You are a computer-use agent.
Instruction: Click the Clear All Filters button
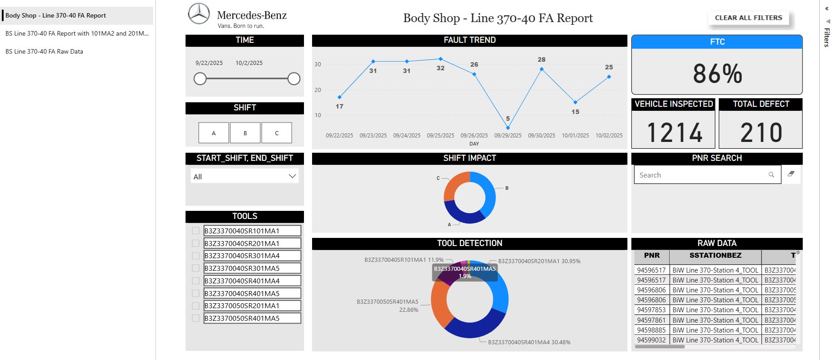tap(748, 18)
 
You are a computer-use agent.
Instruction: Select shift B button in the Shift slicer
tap(245, 133)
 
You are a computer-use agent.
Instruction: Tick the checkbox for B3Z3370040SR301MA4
tap(195, 256)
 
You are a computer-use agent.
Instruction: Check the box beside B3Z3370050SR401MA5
tap(195, 318)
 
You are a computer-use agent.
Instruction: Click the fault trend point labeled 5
tap(508, 128)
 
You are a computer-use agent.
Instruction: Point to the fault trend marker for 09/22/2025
tap(340, 97)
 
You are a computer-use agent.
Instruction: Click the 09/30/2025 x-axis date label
tap(541, 136)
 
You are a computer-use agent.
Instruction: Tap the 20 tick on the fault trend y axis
tap(318, 90)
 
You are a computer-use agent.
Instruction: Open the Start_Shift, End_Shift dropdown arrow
tap(292, 176)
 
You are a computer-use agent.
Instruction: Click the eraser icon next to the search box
tap(791, 174)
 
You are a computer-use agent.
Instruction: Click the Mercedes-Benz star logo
tap(199, 14)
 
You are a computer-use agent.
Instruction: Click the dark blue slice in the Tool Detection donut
tap(473, 328)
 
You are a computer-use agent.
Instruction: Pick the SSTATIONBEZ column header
tap(715, 256)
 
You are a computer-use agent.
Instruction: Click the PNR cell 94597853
tap(651, 310)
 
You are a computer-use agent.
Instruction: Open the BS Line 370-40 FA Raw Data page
tap(44, 51)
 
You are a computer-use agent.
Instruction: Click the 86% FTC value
tap(717, 73)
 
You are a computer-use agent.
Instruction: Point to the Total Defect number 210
tap(761, 132)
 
